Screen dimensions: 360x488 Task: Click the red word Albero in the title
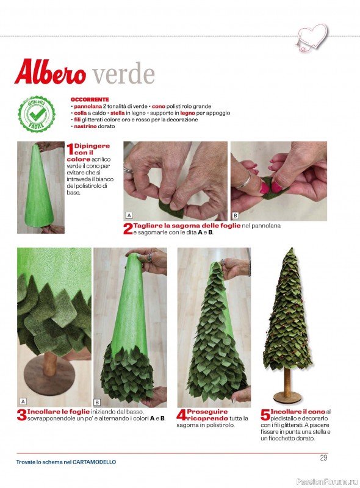click(x=50, y=72)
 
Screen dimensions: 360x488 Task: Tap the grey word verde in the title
click(x=124, y=74)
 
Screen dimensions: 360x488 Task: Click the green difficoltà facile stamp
click(x=37, y=114)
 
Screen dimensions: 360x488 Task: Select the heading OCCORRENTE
click(x=90, y=99)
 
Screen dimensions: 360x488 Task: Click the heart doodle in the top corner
click(x=312, y=37)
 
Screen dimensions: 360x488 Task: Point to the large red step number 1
click(x=70, y=149)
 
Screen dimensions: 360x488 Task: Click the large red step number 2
click(x=128, y=229)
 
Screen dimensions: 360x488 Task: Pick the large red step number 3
click(x=22, y=415)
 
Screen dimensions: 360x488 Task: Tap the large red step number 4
click(x=181, y=415)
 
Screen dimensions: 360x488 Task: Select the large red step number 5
click(x=265, y=415)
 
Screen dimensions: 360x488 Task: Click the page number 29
click(x=323, y=458)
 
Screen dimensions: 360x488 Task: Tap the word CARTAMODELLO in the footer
click(x=94, y=462)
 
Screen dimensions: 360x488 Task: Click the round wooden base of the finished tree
click(x=287, y=397)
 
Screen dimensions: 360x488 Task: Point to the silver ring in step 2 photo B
click(x=243, y=180)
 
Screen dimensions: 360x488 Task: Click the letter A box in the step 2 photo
click(x=129, y=215)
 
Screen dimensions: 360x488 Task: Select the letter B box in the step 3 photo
click(x=97, y=403)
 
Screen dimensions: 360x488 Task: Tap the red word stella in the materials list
click(x=117, y=113)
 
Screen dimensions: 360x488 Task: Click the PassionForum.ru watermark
click(x=327, y=481)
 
